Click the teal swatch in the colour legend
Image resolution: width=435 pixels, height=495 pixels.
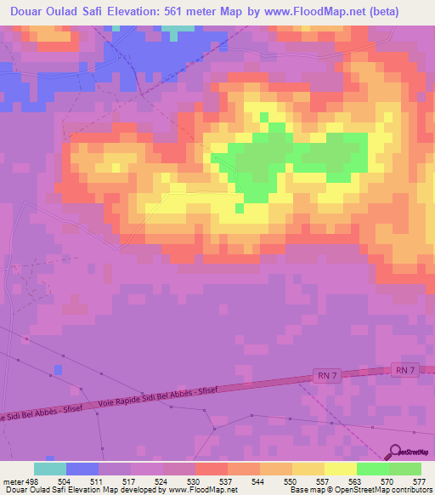click(x=50, y=469)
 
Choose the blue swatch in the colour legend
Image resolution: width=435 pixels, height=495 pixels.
click(x=82, y=469)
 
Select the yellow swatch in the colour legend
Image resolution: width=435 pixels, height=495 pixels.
click(x=341, y=469)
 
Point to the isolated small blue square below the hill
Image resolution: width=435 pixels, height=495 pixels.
click(x=58, y=370)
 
